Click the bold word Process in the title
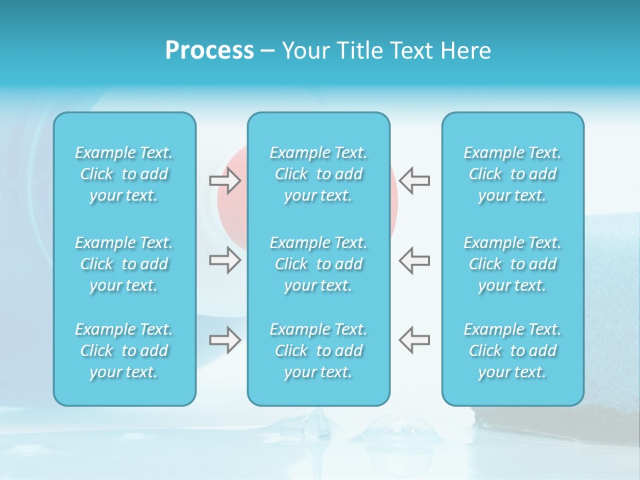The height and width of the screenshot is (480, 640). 209,51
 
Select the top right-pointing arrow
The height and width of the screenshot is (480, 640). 225,181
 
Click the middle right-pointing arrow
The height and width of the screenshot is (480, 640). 225,260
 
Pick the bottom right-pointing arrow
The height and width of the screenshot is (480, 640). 225,340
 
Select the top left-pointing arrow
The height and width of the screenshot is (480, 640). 414,181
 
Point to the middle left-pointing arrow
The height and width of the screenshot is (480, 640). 414,260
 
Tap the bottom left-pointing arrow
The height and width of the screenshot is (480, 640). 414,340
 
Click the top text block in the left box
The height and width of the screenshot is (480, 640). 124,174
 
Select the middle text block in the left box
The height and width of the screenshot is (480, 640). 124,264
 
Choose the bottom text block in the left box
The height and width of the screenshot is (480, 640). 124,351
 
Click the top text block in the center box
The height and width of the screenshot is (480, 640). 319,174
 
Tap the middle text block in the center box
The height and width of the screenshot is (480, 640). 319,264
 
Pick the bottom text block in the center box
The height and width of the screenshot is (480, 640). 319,351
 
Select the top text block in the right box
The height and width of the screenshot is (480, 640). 513,174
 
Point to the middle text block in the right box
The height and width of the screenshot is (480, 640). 513,264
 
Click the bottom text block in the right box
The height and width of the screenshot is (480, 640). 513,351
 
